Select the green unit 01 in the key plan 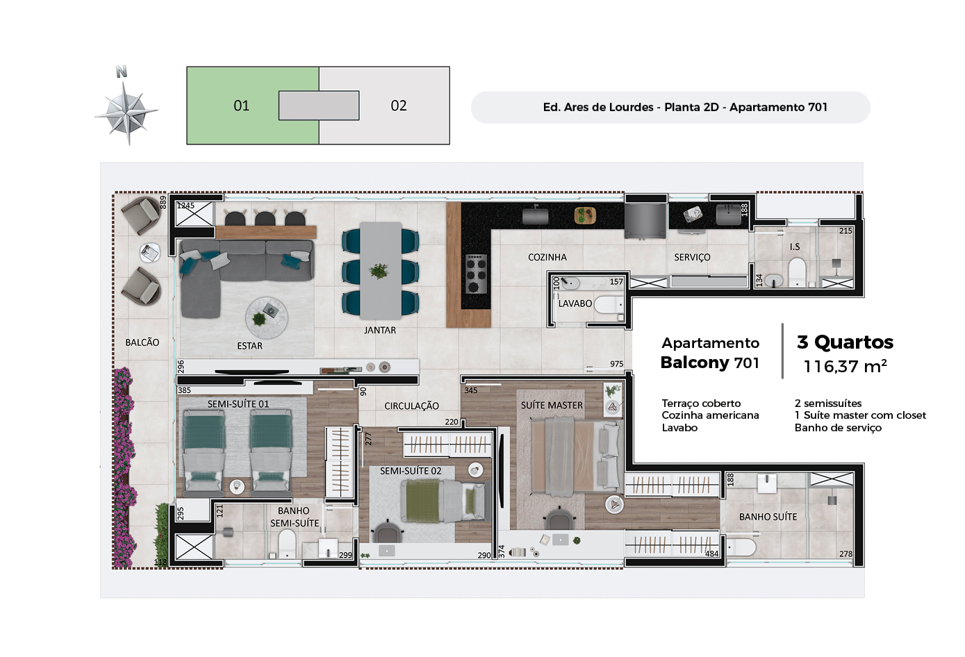[241, 106]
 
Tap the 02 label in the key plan [399, 106]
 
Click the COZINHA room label [547, 257]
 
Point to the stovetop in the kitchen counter [476, 273]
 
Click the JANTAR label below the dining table [379, 330]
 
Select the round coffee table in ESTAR [266, 317]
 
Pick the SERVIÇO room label [692, 257]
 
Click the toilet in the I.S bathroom [797, 272]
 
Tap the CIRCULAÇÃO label [411, 406]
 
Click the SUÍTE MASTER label [552, 405]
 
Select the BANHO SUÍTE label [768, 517]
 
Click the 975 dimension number [616, 364]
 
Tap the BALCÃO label [142, 342]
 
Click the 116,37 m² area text [845, 367]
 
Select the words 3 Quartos [845, 342]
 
